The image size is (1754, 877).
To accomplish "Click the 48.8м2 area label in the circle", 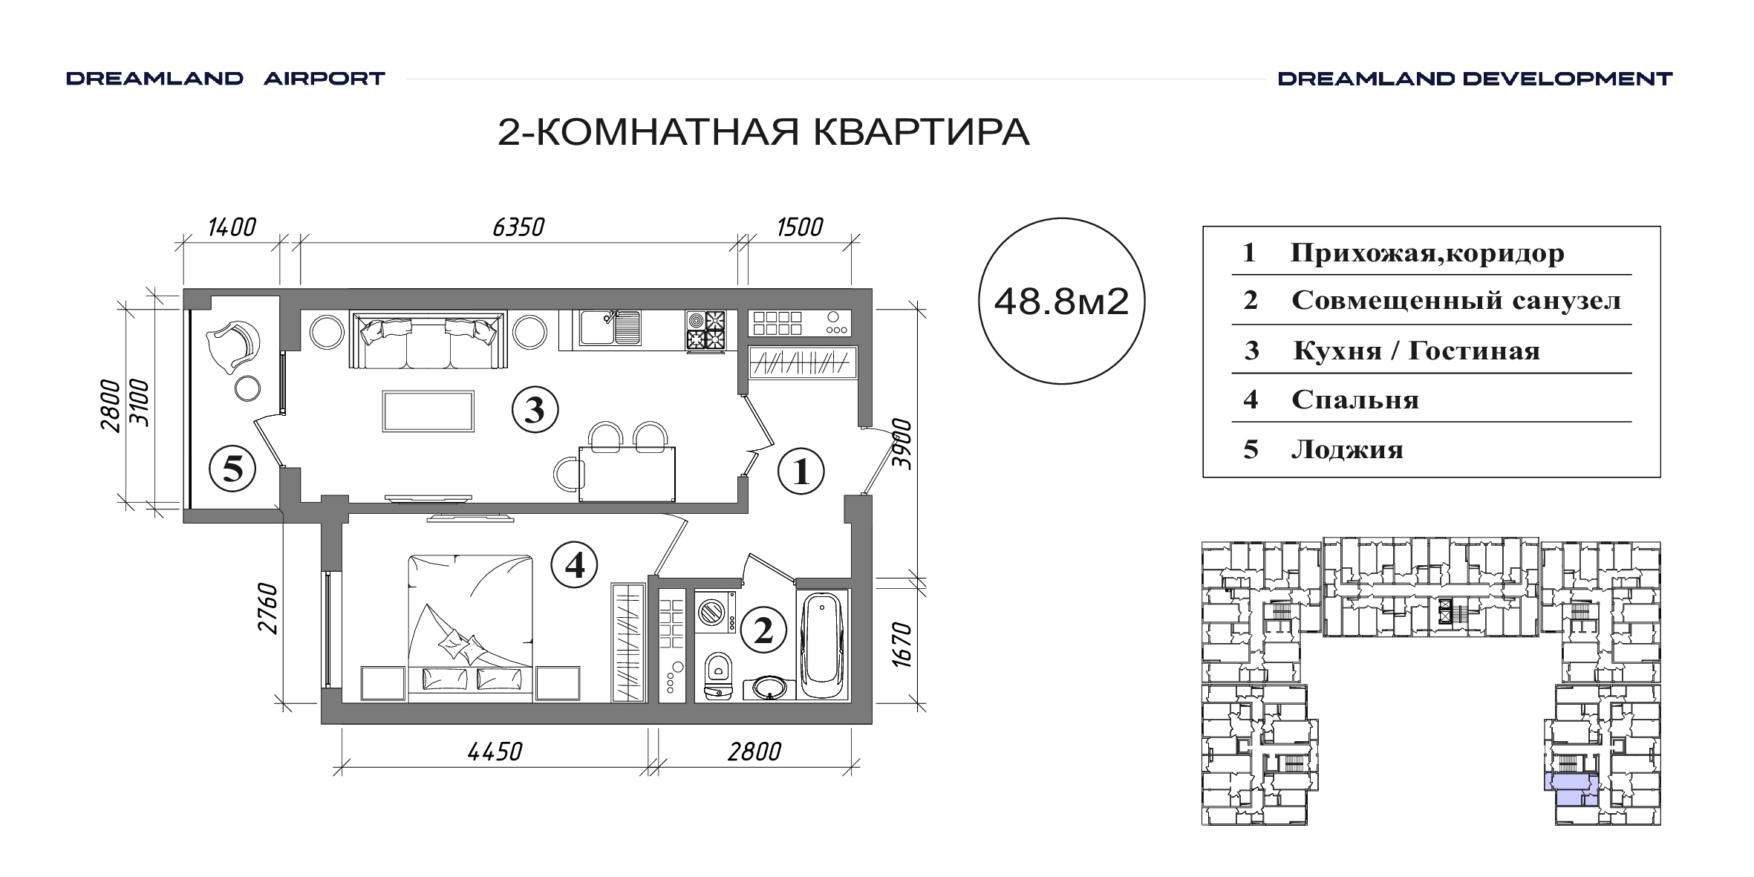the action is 1061,301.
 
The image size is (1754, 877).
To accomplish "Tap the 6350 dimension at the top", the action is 518,226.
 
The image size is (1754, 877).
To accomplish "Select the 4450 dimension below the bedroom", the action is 495,752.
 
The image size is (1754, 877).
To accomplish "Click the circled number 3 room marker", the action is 535,409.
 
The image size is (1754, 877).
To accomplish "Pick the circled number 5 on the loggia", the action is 233,469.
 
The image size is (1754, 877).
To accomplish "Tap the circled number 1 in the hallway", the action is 801,472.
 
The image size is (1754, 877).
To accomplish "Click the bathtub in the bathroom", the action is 823,645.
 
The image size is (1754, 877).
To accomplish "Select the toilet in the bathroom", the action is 717,676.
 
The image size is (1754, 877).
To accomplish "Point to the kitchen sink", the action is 610,327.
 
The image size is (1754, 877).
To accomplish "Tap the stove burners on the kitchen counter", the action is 705,330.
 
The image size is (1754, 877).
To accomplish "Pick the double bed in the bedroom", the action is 470,628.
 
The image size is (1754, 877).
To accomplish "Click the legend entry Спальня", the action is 1355,400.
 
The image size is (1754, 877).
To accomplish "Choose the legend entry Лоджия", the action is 1347,449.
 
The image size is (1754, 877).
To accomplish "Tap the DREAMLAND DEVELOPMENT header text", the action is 1475,79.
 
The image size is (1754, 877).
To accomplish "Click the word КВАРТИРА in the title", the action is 922,132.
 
